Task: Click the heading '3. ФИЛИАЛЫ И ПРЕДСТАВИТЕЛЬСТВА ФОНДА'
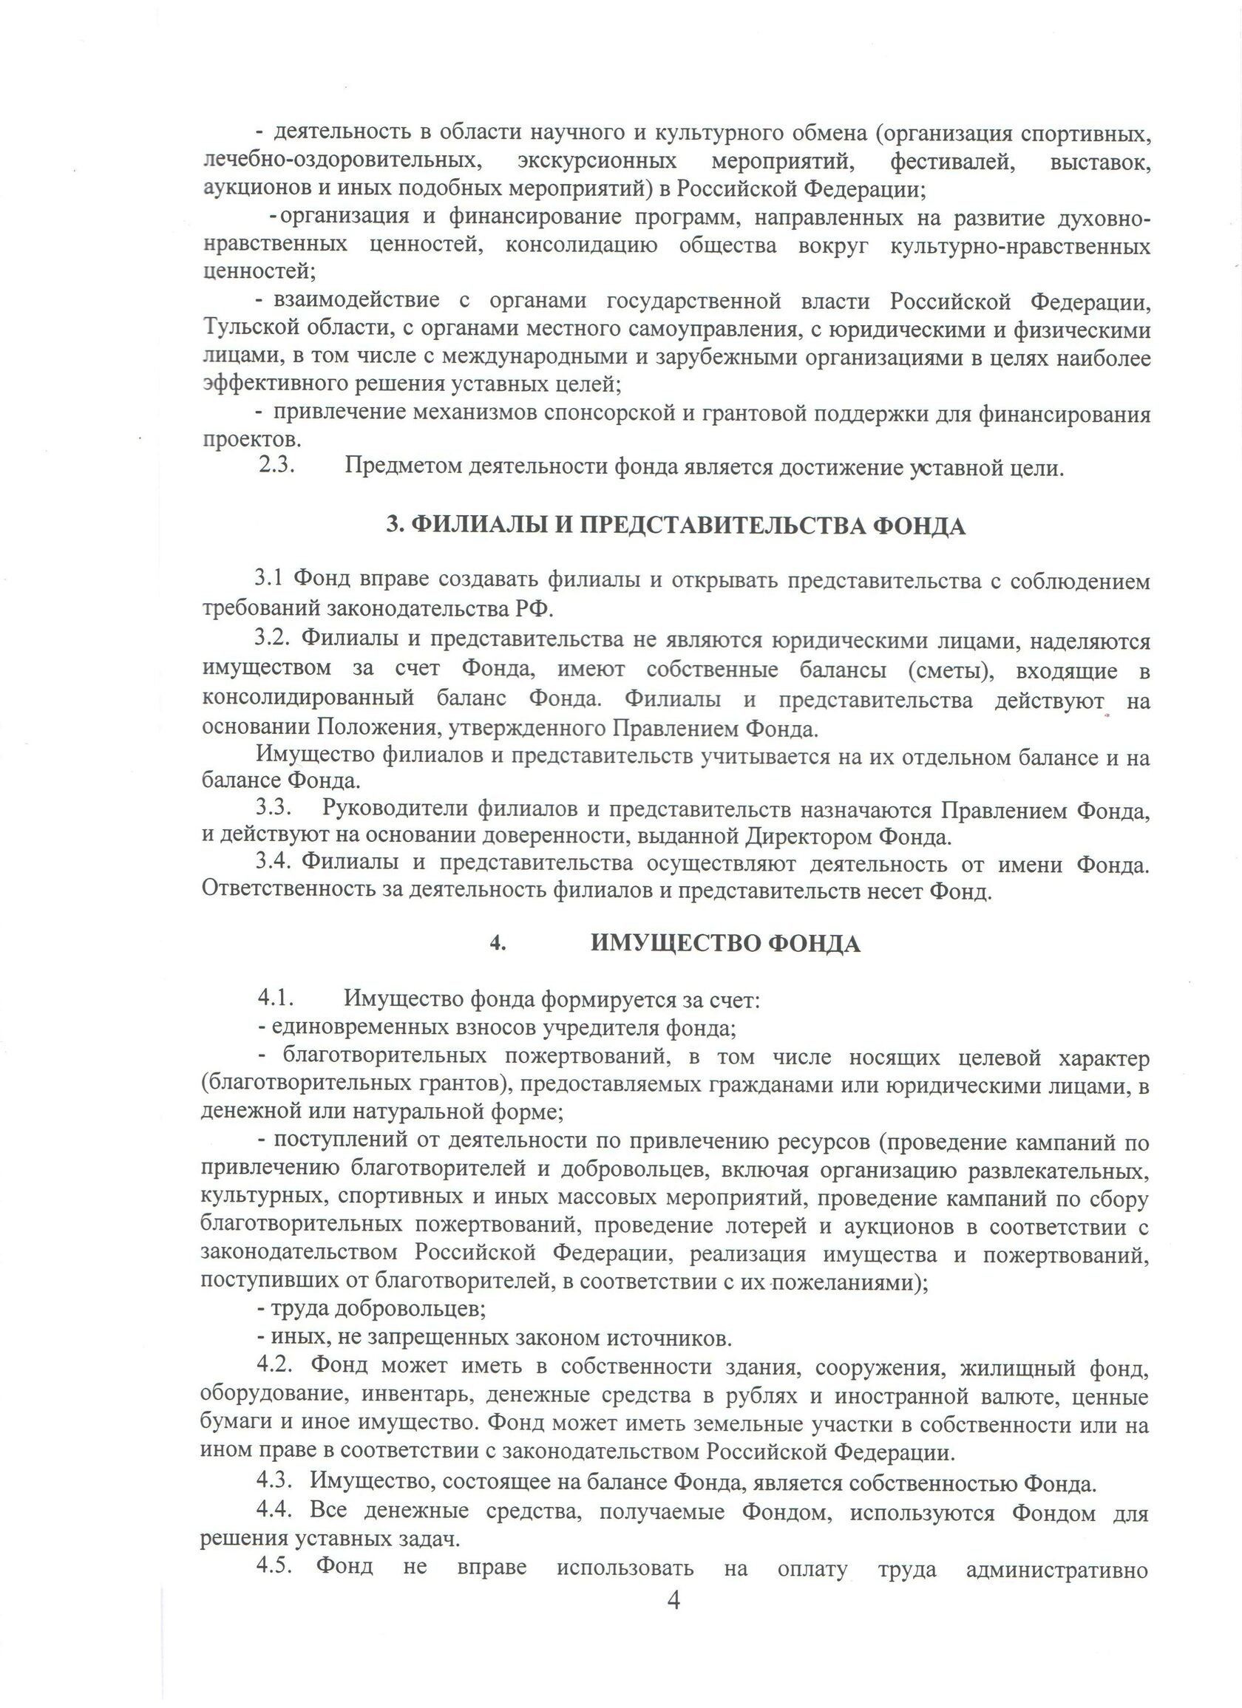[x=675, y=525]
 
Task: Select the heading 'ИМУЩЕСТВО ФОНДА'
[x=725, y=944]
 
